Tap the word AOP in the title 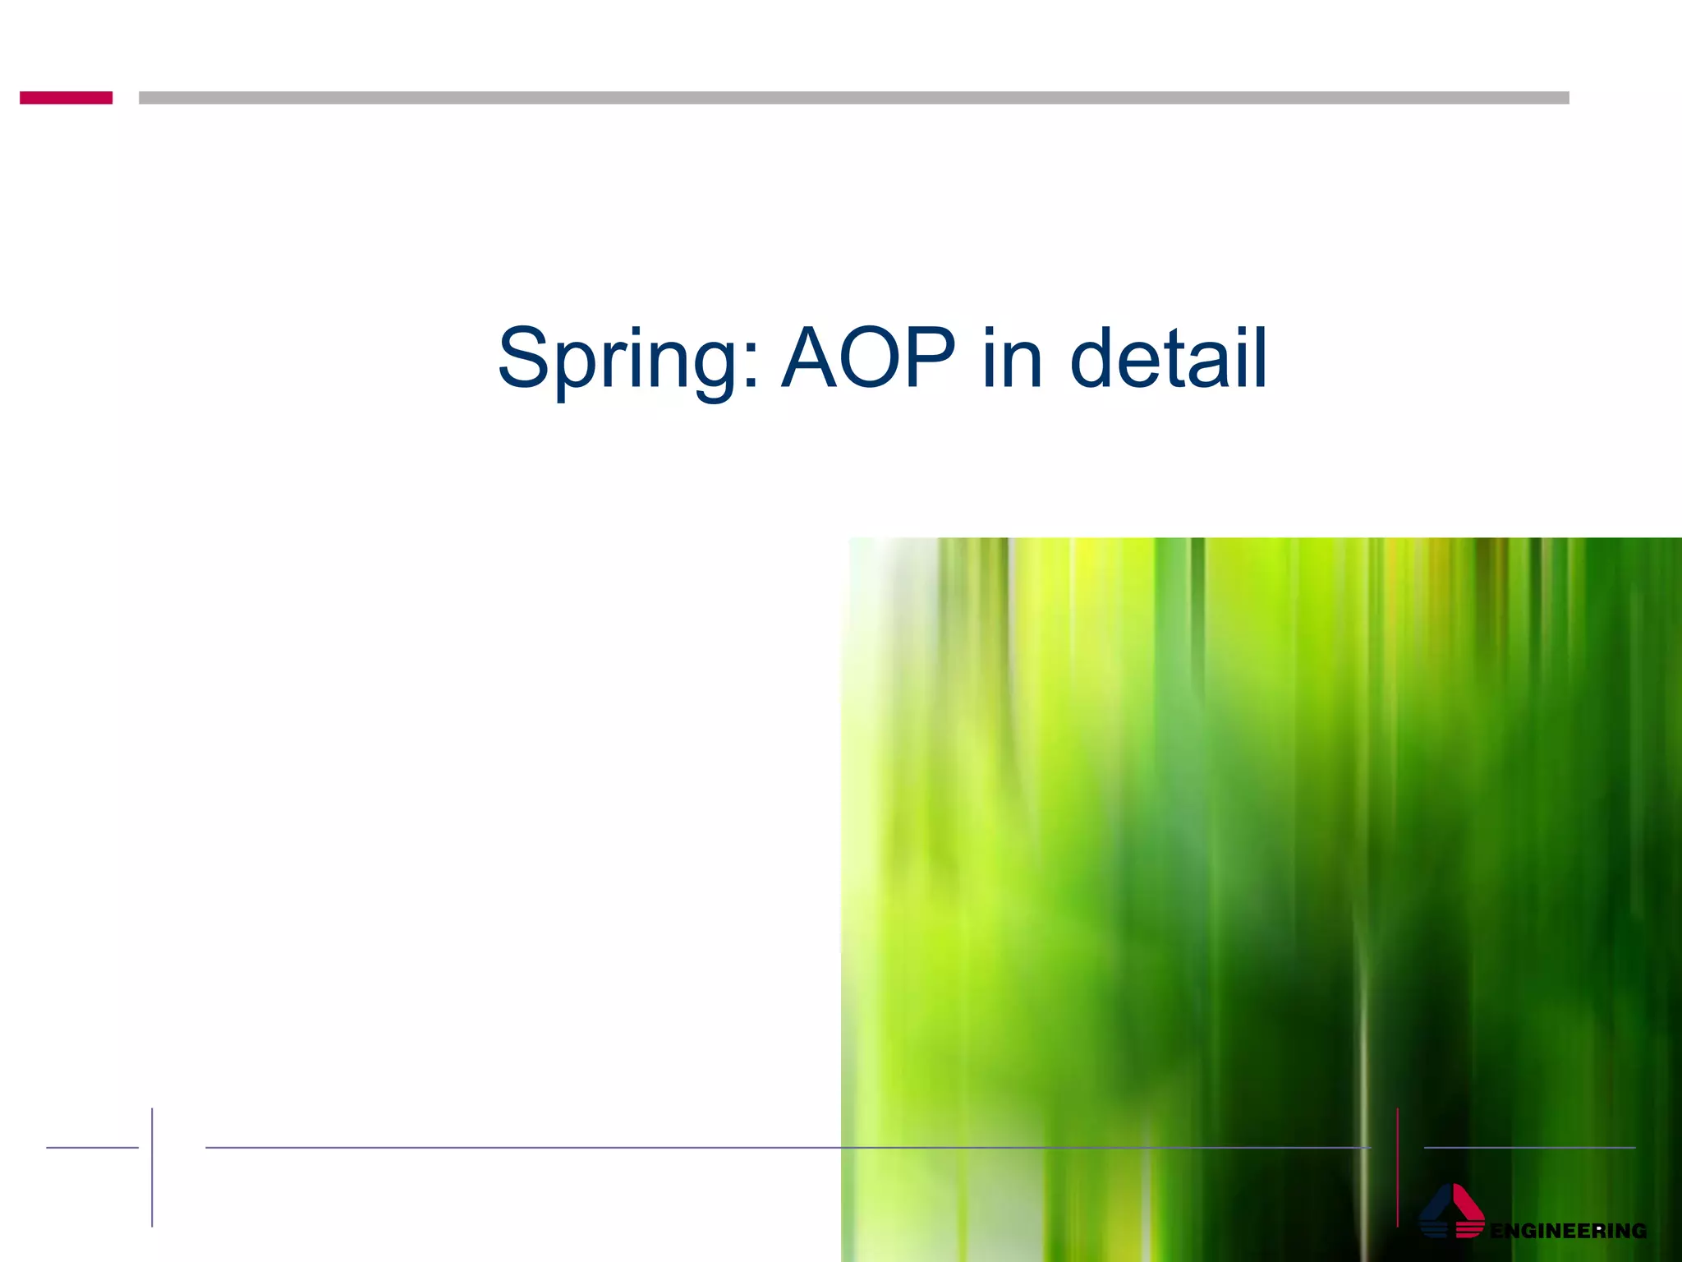[868, 358]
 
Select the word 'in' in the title [1012, 358]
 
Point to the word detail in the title [1169, 358]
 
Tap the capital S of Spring [523, 358]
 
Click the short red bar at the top [66, 98]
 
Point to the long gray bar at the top [853, 98]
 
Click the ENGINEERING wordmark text [1568, 1231]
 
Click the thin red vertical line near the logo [1397, 1167]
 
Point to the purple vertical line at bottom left [152, 1167]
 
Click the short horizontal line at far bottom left [92, 1148]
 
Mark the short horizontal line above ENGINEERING [1529, 1148]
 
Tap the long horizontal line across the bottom [788, 1148]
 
